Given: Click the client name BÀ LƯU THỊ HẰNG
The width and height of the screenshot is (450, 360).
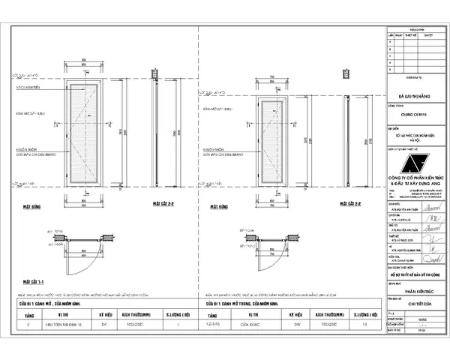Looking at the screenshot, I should pos(415,97).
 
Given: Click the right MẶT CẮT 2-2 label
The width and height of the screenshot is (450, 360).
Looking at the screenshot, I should pos(350,203).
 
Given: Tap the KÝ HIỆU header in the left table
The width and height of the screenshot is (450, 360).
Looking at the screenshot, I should pos(105,316).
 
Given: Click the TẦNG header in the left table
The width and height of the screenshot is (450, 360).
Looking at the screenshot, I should pos(31,316).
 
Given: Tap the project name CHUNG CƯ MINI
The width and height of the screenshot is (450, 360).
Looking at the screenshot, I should pos(415,115).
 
